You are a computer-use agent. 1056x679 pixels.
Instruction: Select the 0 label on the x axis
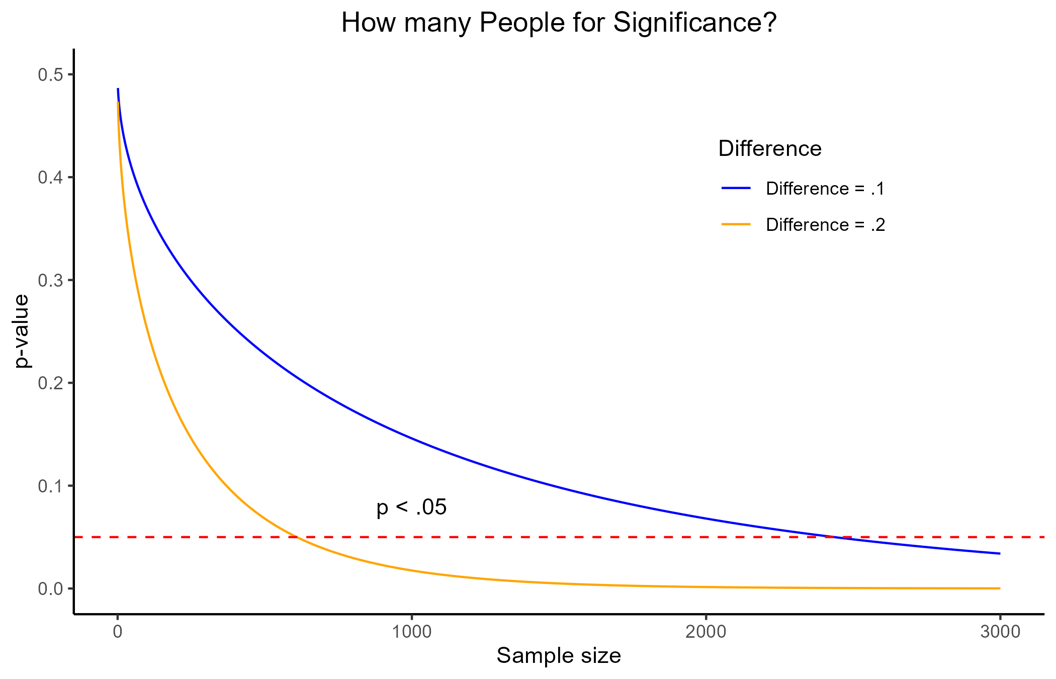point(118,632)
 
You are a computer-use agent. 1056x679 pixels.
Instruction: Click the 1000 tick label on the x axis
point(412,632)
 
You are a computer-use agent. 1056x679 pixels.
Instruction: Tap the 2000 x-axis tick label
point(706,632)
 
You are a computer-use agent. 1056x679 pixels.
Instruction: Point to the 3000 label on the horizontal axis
point(1000,632)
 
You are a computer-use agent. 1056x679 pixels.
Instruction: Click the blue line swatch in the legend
point(736,188)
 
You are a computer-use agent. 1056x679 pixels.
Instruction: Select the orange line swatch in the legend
point(736,224)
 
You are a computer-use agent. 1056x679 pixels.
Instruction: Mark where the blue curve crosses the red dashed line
point(835,537)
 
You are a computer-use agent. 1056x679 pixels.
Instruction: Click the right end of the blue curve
point(1000,554)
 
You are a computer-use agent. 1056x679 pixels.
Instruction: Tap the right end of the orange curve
point(1000,588)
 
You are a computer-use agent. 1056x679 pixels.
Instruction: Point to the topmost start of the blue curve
point(118,89)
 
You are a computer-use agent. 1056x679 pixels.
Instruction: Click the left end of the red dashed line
point(76,537)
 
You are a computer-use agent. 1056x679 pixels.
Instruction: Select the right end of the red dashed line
point(1044,537)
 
